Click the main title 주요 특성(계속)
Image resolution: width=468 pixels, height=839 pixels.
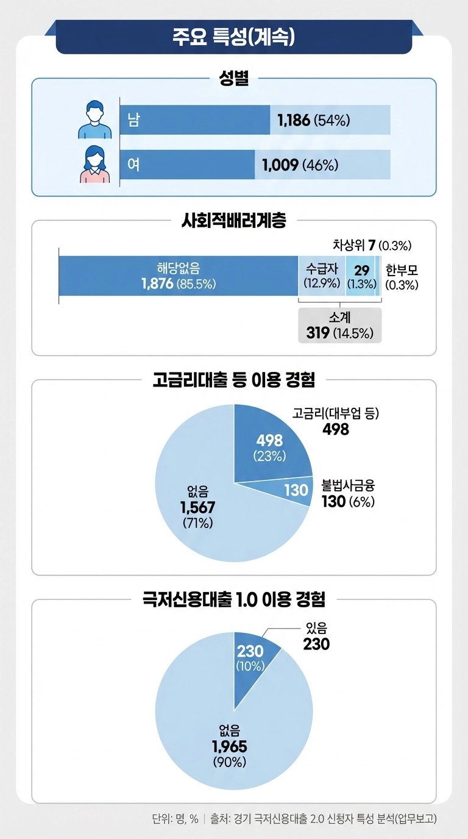(x=234, y=36)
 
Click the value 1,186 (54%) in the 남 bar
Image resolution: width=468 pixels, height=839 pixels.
(x=313, y=120)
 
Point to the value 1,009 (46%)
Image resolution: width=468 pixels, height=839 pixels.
(x=300, y=165)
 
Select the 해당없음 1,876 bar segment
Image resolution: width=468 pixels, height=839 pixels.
(x=178, y=276)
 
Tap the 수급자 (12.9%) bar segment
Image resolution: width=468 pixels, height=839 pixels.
(x=322, y=276)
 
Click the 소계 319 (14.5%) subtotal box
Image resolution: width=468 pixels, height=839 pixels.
(x=339, y=326)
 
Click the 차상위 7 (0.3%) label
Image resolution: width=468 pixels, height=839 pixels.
(x=372, y=246)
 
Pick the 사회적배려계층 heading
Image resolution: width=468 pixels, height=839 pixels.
(x=234, y=221)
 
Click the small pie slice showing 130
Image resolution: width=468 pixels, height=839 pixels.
(x=296, y=489)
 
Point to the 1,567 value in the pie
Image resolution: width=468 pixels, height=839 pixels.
(x=198, y=507)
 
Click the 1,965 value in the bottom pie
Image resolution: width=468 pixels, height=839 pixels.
(x=229, y=747)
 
